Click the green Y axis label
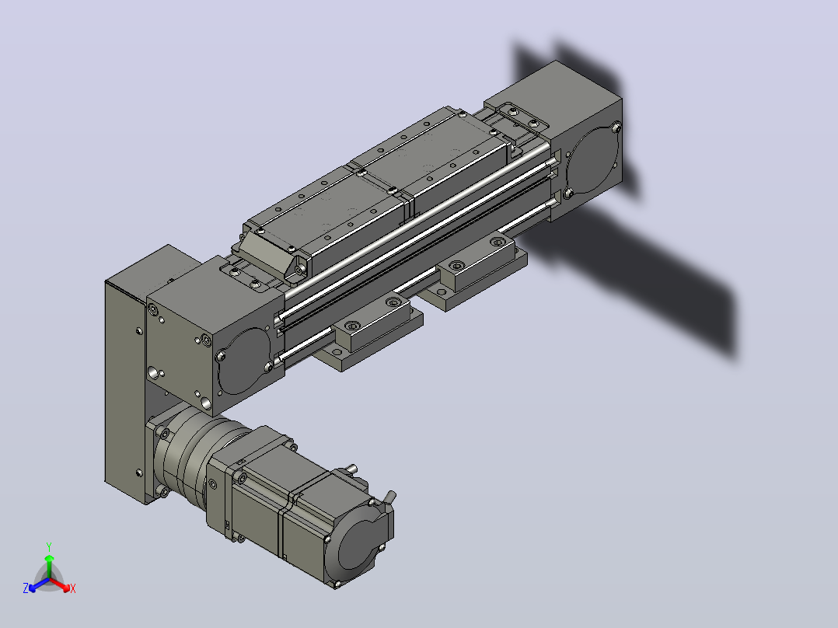[x=49, y=546]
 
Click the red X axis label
[x=73, y=588]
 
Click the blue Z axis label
[x=26, y=588]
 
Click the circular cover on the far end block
[x=593, y=159]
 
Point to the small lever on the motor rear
[x=390, y=497]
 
